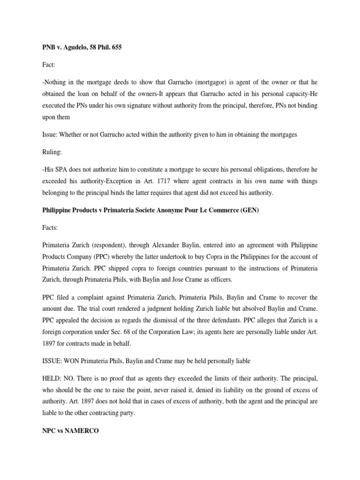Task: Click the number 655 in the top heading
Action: (116, 48)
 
